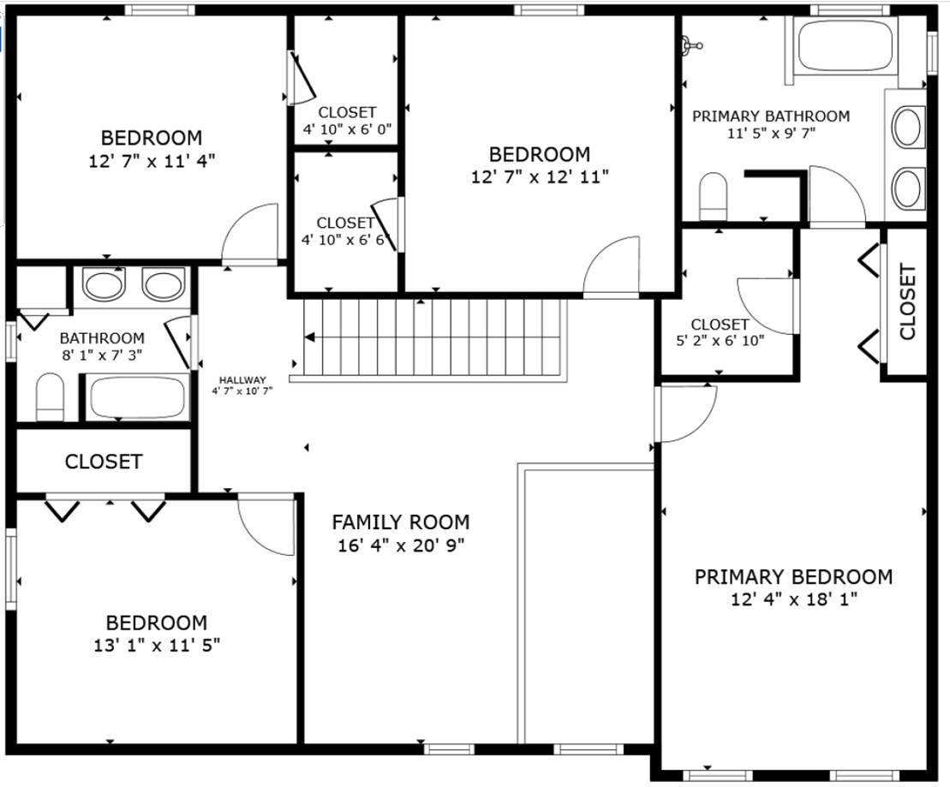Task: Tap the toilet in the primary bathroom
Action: (x=713, y=196)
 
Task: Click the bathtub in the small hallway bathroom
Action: (x=138, y=397)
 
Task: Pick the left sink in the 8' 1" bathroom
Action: (x=103, y=284)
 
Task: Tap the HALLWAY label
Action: (x=242, y=380)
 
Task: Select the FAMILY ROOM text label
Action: (x=400, y=522)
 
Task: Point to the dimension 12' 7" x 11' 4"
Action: (x=151, y=159)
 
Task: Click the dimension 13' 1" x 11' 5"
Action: (x=157, y=644)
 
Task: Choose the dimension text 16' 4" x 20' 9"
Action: (x=401, y=545)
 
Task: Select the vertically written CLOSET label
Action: (x=907, y=301)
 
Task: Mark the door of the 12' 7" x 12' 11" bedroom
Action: (x=612, y=267)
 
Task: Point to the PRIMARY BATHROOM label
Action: (x=771, y=116)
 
